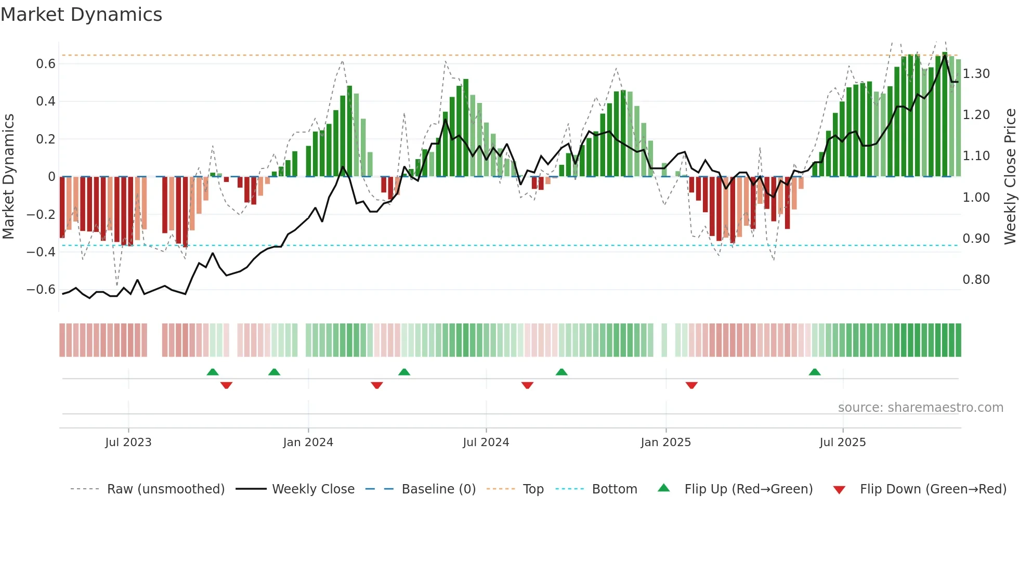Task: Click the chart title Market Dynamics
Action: click(82, 15)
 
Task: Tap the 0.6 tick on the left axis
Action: click(46, 64)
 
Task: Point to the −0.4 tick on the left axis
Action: click(41, 252)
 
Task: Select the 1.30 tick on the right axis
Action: click(976, 74)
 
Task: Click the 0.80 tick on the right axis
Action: click(976, 280)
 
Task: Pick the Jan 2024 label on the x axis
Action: click(308, 442)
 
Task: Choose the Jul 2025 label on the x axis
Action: click(843, 442)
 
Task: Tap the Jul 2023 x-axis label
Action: click(128, 442)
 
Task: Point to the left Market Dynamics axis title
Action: click(8, 177)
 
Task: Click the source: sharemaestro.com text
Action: click(921, 408)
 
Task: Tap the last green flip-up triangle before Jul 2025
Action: click(815, 372)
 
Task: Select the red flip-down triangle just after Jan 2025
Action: click(691, 385)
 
